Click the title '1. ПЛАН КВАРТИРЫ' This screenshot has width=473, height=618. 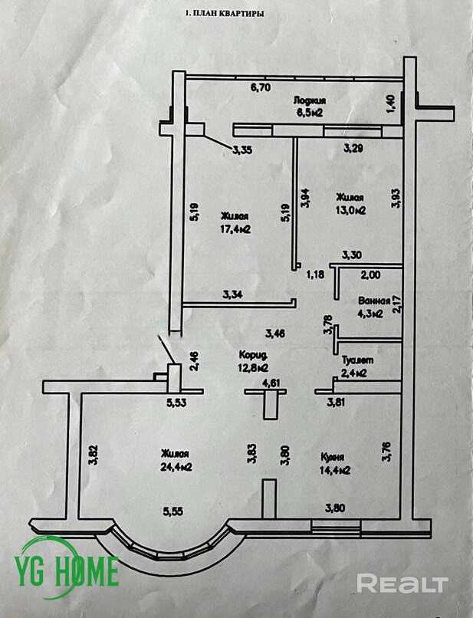coord(226,13)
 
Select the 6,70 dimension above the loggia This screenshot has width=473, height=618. coord(261,87)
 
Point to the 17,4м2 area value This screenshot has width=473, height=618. coord(237,229)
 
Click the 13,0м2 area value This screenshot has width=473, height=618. coord(350,209)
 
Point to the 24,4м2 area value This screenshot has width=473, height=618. coord(176,466)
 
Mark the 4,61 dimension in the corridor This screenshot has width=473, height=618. coord(271,383)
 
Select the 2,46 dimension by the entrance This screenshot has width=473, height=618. coord(195,360)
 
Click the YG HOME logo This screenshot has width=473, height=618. coord(69,570)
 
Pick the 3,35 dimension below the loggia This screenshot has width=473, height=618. coord(242,149)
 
